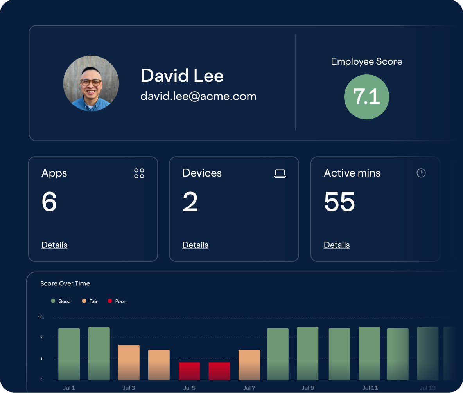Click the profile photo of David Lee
click(x=91, y=83)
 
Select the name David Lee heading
click(x=182, y=76)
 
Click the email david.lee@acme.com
click(x=198, y=96)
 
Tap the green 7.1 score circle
click(x=366, y=97)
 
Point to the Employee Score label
click(x=366, y=61)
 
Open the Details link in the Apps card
click(x=54, y=245)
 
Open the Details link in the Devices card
click(x=195, y=245)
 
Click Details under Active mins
click(x=337, y=245)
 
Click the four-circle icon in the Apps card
click(x=139, y=173)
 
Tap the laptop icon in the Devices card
click(x=280, y=173)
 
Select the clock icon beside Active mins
click(x=421, y=173)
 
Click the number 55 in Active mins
click(x=339, y=202)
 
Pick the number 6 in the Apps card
click(x=49, y=202)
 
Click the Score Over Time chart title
click(x=65, y=283)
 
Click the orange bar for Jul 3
click(x=129, y=362)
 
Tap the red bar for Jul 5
click(x=189, y=371)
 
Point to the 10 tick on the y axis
click(x=40, y=317)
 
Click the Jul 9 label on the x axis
click(x=308, y=388)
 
